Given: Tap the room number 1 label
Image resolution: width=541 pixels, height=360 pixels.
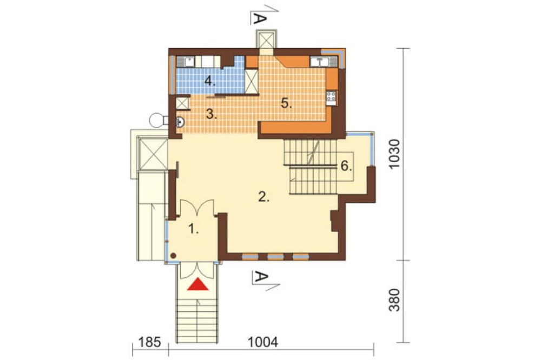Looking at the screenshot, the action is (194, 229).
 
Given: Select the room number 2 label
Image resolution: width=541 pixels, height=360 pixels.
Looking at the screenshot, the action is (263, 197).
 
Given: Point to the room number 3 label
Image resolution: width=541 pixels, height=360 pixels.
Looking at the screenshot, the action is (211, 114).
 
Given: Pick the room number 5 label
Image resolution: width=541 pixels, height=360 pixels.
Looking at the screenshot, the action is (286, 103).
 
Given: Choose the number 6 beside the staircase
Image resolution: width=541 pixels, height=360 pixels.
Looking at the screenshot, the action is (346, 166).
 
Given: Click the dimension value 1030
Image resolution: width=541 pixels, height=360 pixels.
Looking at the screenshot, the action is (394, 154).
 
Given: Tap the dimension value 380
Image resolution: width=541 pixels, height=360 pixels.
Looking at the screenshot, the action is (394, 300).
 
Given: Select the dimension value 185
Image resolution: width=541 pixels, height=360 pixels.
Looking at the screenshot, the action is (150, 342).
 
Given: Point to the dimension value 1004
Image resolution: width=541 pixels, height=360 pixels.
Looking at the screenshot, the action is (263, 342).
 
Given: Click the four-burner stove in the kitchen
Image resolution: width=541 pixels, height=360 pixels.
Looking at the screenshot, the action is (331, 98).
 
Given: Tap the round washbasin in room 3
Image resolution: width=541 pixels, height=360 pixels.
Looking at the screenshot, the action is (180, 122).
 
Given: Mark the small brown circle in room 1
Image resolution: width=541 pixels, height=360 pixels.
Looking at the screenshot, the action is (174, 256).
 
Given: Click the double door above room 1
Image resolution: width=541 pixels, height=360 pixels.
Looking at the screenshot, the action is (197, 208).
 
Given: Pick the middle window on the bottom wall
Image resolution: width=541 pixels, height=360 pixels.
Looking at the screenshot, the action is (275, 257).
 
